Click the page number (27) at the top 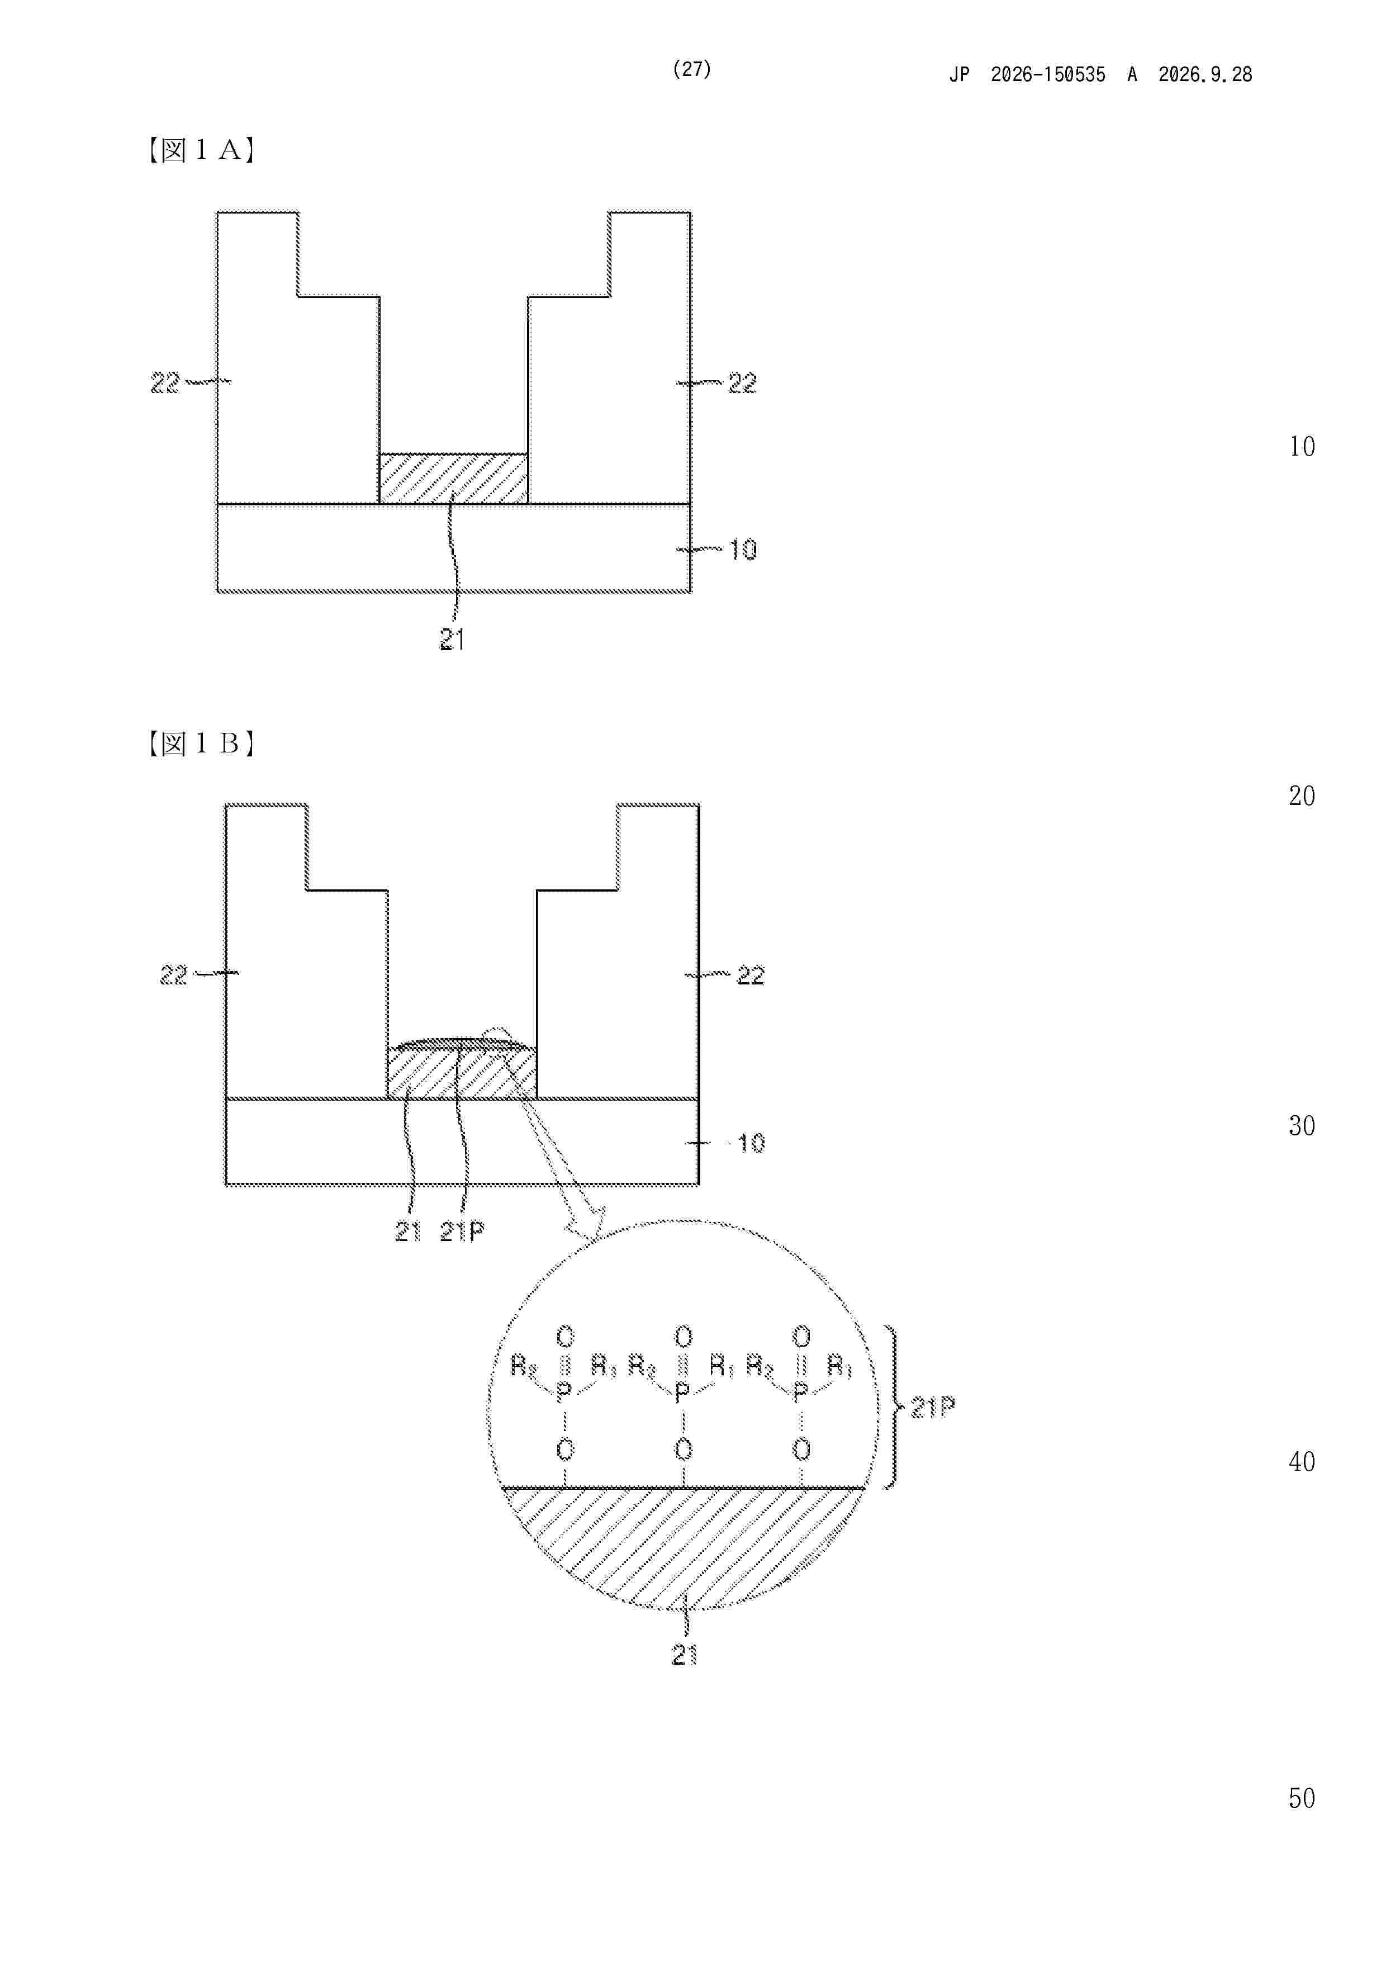click(692, 69)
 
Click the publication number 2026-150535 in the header click(1048, 74)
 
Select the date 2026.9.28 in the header click(1205, 74)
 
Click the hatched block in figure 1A click(453, 479)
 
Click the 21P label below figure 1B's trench click(462, 1231)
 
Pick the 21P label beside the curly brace click(933, 1406)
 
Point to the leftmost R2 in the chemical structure click(524, 1367)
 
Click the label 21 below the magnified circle click(685, 1655)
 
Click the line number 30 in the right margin click(1302, 1126)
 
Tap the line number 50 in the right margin click(1302, 1798)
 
